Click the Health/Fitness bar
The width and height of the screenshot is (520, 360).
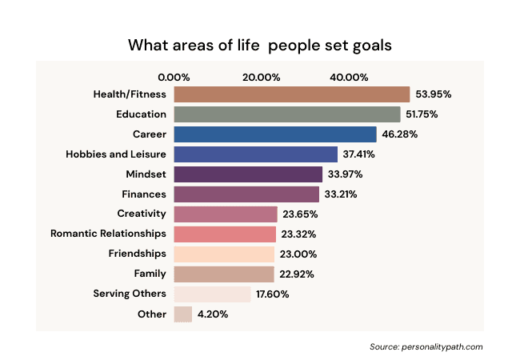coord(291,94)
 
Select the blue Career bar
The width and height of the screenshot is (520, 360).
coord(274,134)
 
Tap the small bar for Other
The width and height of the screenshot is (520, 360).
coord(182,314)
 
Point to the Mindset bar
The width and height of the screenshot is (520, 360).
coord(248,174)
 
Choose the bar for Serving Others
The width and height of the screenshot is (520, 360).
coord(212,294)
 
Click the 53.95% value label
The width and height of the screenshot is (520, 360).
coord(433,94)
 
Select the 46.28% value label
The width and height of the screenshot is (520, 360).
coord(399,134)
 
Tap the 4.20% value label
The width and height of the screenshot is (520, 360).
coord(214,314)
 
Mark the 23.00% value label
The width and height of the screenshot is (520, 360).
coord(300,254)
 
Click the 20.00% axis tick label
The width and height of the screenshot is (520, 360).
coord(261,77)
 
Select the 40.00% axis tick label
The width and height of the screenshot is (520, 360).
coord(349,77)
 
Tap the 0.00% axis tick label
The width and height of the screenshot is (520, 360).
coord(174,77)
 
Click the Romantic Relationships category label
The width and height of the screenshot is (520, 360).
coord(108,234)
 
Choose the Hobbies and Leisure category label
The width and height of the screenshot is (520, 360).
coord(116,154)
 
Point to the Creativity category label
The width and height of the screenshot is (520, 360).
coord(142,214)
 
